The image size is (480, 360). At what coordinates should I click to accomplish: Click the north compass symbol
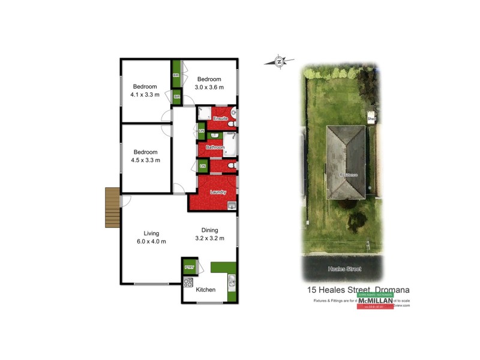click(279, 61)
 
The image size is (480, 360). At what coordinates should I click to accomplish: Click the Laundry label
click(218, 192)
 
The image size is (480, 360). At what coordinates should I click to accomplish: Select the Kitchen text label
click(206, 290)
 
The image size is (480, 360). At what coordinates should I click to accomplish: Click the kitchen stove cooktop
click(188, 283)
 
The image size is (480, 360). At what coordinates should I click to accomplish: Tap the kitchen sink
click(230, 281)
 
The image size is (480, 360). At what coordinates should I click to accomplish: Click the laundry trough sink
click(231, 206)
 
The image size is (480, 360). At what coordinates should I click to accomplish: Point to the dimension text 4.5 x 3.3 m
click(145, 160)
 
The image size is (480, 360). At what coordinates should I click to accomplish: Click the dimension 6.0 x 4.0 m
click(151, 241)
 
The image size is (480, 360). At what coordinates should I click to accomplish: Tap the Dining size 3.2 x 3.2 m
click(209, 238)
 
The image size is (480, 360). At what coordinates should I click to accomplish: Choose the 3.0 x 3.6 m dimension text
click(209, 87)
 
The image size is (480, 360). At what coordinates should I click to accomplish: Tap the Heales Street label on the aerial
click(344, 269)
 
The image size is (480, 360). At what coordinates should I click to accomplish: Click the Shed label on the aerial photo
click(372, 119)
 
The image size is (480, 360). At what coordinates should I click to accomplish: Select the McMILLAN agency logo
click(375, 301)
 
